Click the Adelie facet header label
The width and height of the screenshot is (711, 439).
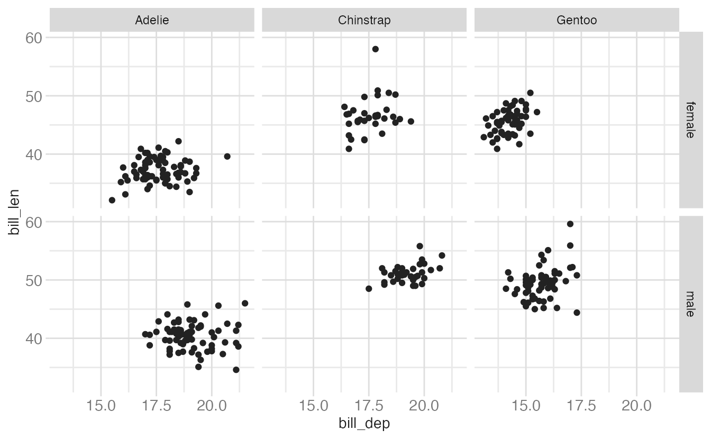point(152,20)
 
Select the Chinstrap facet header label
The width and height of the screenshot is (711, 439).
point(364,20)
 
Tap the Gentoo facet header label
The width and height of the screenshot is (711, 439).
point(577,20)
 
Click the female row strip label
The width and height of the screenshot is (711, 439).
point(691,120)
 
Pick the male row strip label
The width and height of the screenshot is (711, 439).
point(691,304)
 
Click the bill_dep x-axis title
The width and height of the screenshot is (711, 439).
point(364,423)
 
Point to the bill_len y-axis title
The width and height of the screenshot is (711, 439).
point(14,212)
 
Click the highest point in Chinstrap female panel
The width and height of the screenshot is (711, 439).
point(375,49)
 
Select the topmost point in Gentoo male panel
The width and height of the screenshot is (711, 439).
point(570,224)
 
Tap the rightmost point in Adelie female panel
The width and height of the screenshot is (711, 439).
point(227,156)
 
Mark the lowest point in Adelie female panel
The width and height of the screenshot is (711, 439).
point(112,200)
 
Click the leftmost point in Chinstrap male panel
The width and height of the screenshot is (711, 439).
point(369,289)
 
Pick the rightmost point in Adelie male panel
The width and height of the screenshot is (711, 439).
point(245,303)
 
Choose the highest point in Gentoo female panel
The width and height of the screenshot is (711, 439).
point(530,93)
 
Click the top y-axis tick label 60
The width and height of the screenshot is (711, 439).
point(34,39)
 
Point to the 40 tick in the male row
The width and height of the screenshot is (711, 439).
point(34,339)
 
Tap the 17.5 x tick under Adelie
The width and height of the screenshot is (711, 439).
point(157,405)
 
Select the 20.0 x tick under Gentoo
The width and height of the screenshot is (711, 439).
point(636,405)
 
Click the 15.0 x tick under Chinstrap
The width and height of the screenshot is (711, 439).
point(314,405)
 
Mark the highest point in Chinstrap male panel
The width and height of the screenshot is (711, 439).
point(420,246)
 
